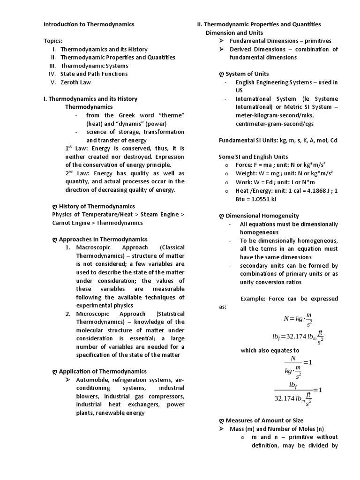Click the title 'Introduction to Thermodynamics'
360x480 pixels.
point(89,24)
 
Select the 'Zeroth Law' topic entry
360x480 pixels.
point(75,82)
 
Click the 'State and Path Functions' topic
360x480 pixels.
point(94,74)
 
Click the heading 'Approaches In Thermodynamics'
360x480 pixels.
point(103,239)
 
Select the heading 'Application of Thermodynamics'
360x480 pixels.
point(103,371)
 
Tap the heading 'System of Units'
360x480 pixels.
point(247,74)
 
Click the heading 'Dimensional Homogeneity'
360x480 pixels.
point(262,216)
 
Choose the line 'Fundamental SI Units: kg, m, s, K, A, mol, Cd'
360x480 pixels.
point(278,140)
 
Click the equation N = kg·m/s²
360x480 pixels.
point(298,319)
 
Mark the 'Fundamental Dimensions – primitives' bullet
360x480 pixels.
point(280,41)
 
